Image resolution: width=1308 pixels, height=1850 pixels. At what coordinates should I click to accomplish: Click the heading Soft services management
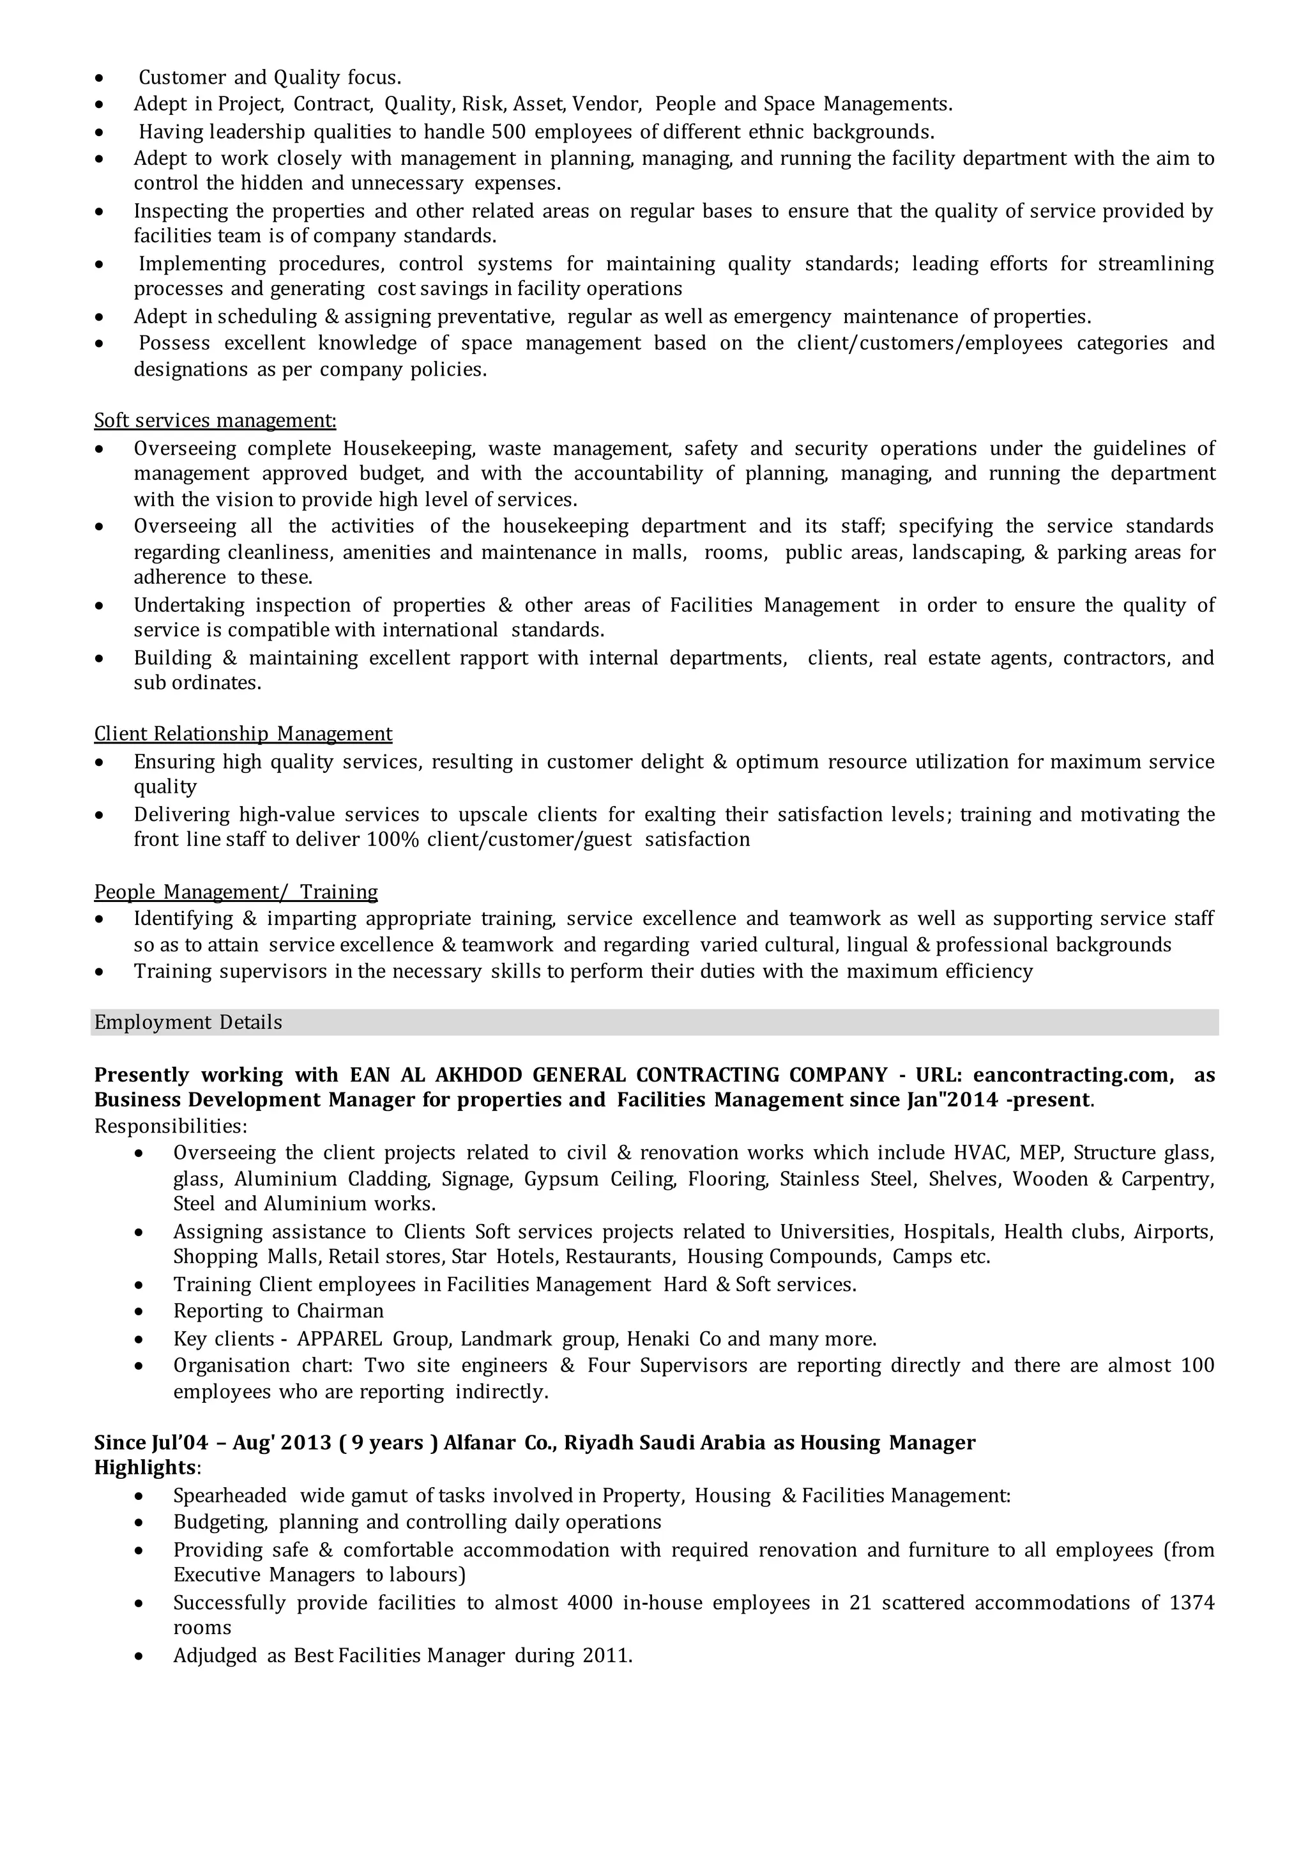coord(215,420)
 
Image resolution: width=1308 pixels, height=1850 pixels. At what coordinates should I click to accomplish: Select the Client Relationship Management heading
coord(243,733)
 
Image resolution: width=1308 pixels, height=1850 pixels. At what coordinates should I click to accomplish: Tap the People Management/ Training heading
coord(236,891)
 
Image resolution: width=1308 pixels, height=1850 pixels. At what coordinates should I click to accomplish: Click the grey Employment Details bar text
coord(188,1023)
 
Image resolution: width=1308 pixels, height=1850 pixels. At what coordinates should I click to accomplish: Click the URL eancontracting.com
coord(1070,1075)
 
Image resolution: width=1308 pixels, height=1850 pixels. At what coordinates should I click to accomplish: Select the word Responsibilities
coord(170,1126)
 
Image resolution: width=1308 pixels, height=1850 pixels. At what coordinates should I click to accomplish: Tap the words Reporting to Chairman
coord(278,1311)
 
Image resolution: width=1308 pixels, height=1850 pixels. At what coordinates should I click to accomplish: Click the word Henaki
coord(659,1339)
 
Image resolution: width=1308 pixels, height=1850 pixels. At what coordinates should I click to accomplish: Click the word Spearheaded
coord(231,1495)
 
